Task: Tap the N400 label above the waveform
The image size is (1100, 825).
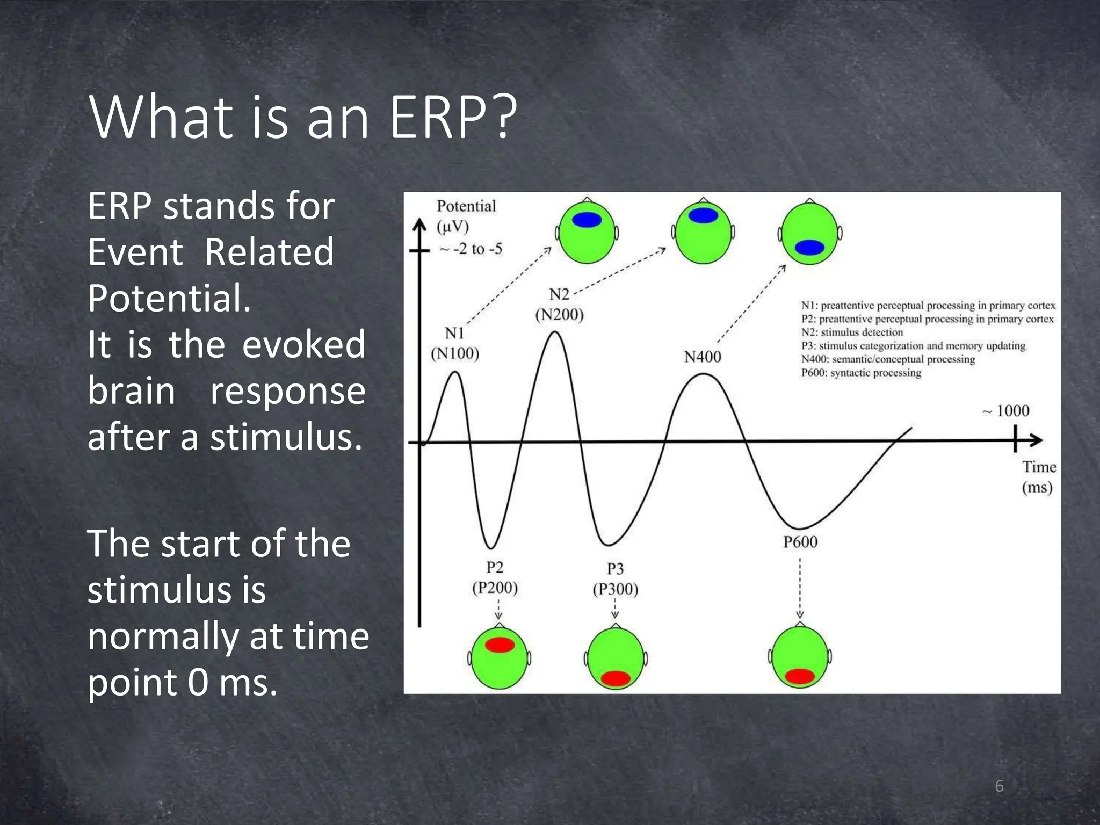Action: coord(702,357)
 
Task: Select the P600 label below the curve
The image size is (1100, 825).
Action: coord(800,541)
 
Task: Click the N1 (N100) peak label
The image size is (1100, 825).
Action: coord(455,343)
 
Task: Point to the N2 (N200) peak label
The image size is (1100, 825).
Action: coord(559,304)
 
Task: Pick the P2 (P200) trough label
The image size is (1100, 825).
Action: coord(495,577)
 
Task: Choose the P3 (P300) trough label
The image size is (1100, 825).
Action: coord(615,579)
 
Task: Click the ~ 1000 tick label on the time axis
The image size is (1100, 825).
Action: coord(1006,411)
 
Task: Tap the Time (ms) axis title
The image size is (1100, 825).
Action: coord(1038,477)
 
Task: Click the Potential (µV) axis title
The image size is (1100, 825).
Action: coord(465,216)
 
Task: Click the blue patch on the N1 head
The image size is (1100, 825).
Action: coord(587,220)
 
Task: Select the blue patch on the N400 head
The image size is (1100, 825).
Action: coord(809,247)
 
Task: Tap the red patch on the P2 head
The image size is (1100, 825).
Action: coord(500,645)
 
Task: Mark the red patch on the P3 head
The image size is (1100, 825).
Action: coord(615,678)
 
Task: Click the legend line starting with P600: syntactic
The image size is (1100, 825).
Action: coord(861,373)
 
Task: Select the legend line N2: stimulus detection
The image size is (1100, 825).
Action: coord(852,332)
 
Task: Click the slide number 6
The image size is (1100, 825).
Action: coord(999,786)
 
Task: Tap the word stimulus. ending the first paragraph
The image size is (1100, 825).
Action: coord(286,437)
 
